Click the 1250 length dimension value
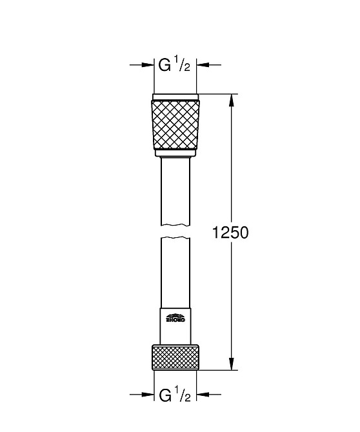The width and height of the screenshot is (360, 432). click(x=230, y=233)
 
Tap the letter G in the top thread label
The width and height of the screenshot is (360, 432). click(x=165, y=64)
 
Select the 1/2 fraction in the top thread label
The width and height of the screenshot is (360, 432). click(x=183, y=64)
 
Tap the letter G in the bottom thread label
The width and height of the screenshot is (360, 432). click(x=165, y=394)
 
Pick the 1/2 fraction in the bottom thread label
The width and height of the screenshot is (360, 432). click(x=183, y=394)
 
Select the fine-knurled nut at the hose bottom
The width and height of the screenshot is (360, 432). click(x=175, y=358)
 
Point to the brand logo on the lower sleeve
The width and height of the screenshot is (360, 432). click(x=175, y=317)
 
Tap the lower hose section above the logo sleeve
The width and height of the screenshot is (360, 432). click(x=175, y=271)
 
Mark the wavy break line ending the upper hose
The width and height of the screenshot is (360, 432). click(x=175, y=224)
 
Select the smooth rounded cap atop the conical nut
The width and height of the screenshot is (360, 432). click(x=175, y=98)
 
